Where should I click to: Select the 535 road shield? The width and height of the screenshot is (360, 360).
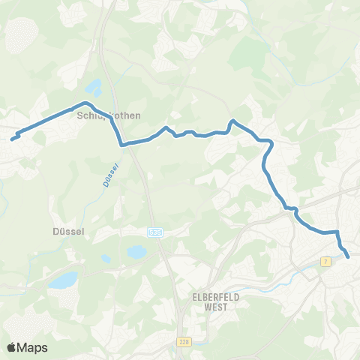[155, 233]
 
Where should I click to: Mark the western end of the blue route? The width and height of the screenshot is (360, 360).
[13, 138]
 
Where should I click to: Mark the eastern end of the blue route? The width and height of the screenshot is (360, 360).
[348, 257]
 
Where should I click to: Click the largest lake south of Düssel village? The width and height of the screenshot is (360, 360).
[63, 280]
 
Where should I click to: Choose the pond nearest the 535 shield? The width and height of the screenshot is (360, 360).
[137, 253]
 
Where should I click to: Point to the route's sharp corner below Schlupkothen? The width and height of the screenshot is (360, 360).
[121, 144]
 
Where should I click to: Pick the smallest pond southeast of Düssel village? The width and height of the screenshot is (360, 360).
[106, 259]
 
